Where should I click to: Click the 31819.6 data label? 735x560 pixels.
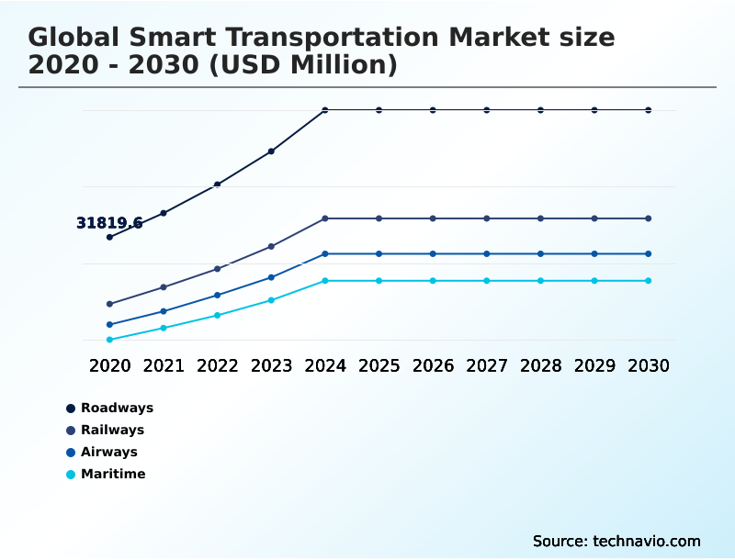pos(109,223)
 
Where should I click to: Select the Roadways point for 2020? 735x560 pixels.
pos(109,237)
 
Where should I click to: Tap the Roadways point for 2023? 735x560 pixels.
pos(271,151)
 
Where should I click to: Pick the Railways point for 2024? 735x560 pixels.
pos(325,218)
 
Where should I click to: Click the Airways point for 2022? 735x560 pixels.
pos(218,295)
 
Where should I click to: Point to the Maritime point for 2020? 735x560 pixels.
pos(109,340)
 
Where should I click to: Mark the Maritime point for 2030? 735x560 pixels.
pos(649,281)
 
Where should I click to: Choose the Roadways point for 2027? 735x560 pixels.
pos(487,110)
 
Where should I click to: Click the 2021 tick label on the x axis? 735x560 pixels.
pos(164,365)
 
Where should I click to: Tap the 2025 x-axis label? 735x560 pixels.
pos(379,365)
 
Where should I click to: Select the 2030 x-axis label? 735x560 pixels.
pos(649,365)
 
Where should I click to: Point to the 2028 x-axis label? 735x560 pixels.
pos(540,365)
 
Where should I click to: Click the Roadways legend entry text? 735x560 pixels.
pos(117,408)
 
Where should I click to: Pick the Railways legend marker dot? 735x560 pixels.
pos(71,431)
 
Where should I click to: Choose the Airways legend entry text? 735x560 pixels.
pos(108,452)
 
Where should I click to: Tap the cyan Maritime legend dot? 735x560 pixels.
pos(71,475)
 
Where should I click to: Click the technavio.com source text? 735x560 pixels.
pos(647,541)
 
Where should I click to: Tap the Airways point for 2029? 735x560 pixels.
pos(594,253)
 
